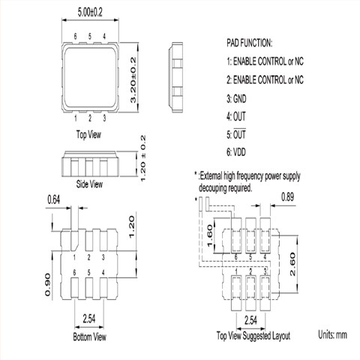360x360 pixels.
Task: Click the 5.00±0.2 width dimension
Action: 90,13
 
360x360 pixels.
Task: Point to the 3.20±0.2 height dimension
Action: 133,80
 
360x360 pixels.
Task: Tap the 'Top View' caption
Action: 88,134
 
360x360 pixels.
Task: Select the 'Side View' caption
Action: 89,184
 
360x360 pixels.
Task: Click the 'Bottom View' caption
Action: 90,337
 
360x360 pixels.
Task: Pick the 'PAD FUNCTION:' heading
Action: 249,43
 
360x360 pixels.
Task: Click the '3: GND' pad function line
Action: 236,99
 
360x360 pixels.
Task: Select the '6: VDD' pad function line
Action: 236,152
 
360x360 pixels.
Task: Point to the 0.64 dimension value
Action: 54,200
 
